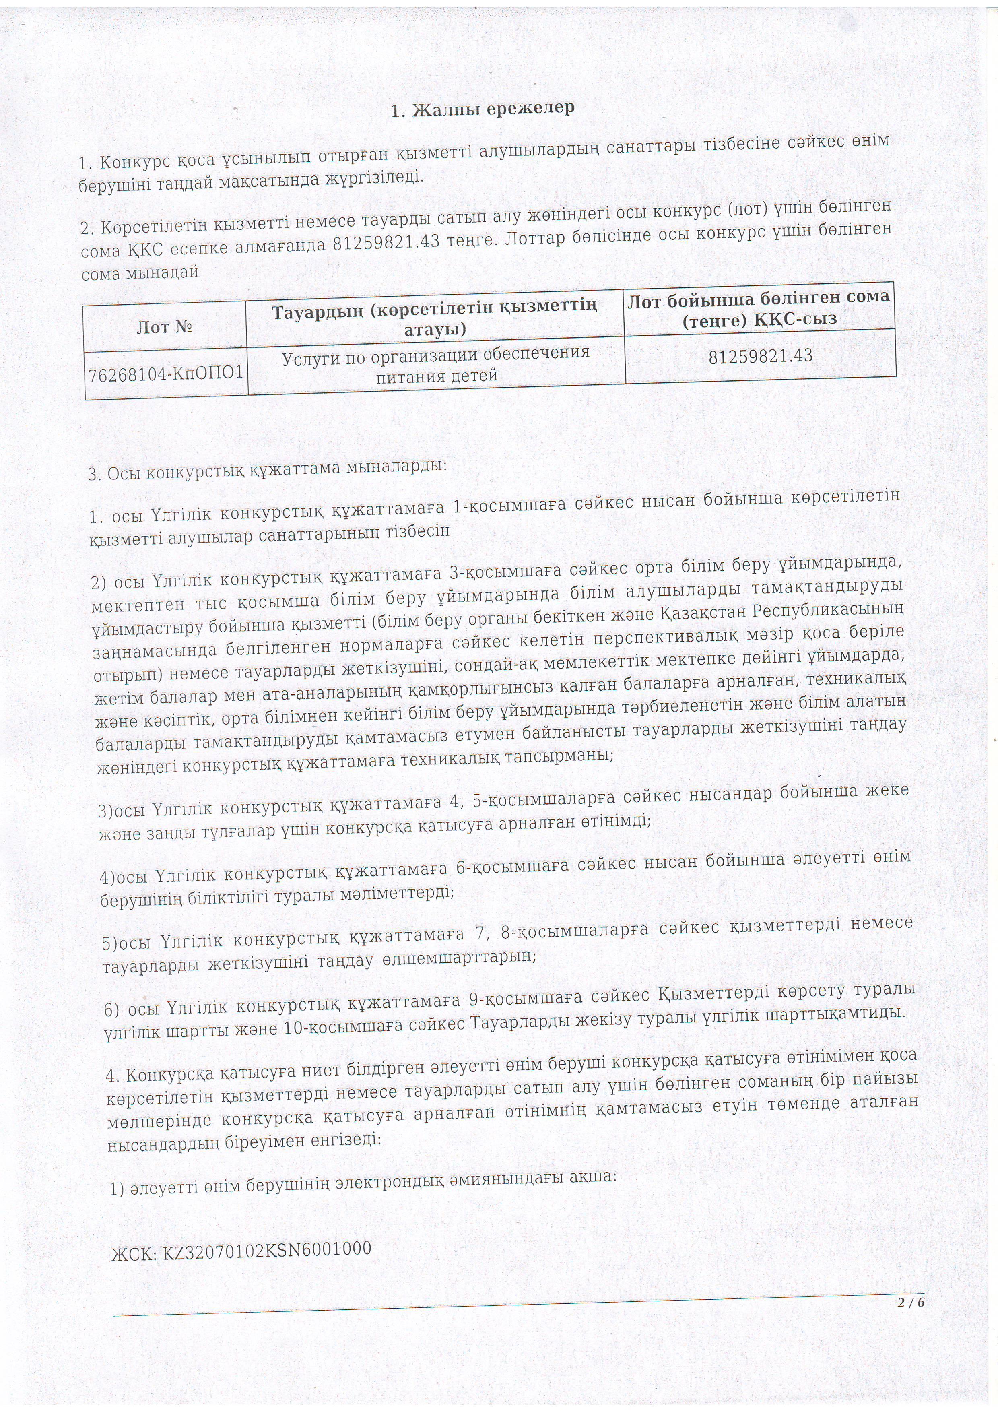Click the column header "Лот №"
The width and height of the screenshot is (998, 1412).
tap(165, 327)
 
